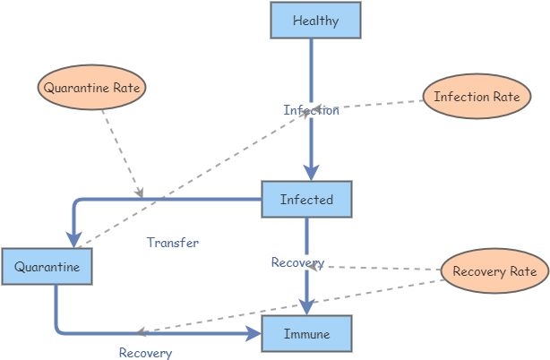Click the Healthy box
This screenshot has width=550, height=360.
pyautogui.click(x=315, y=21)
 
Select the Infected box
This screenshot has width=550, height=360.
pyautogui.click(x=306, y=199)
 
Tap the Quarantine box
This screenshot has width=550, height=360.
pyautogui.click(x=47, y=267)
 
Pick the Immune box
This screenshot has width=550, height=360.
pyautogui.click(x=306, y=333)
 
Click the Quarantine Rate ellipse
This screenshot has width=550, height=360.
pyautogui.click(x=94, y=88)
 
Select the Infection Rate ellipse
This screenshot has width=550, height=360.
pyautogui.click(x=477, y=97)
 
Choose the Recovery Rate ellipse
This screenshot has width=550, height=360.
pyautogui.click(x=495, y=270)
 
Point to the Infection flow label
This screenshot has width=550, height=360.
pyautogui.click(x=311, y=110)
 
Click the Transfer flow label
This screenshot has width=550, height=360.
pyautogui.click(x=173, y=242)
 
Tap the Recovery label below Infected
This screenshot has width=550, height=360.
pyautogui.click(x=296, y=262)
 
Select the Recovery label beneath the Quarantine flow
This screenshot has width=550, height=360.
pyautogui.click(x=145, y=352)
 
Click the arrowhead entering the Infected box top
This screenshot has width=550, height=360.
pyautogui.click(x=311, y=172)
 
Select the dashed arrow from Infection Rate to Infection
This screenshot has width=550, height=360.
pyautogui.click(x=376, y=105)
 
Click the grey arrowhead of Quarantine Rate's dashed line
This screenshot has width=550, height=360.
pyautogui.click(x=139, y=192)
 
